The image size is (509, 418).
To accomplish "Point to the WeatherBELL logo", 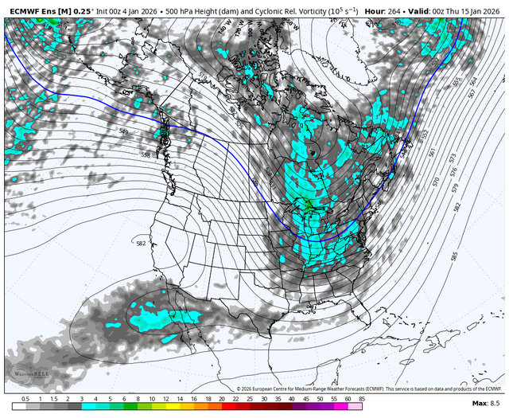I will pyautogui.click(x=27, y=373).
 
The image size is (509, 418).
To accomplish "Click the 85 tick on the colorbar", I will pyautogui.click(x=362, y=399).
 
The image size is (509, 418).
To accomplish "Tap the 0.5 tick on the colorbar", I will pyautogui.click(x=25, y=399).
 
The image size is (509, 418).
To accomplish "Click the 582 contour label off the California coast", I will pyautogui.click(x=141, y=244).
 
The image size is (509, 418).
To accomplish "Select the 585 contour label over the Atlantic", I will pyautogui.click(x=453, y=257).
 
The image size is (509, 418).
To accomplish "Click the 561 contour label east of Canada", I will pyautogui.click(x=431, y=153).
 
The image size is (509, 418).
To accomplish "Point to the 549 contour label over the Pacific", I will pyautogui.click(x=123, y=131).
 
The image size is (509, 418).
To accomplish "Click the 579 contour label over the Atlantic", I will pyautogui.click(x=457, y=188).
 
